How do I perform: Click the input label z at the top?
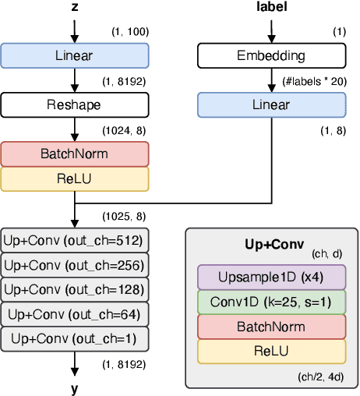click(x=75, y=8)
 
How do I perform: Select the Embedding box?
click(x=272, y=55)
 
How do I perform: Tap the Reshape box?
click(x=75, y=104)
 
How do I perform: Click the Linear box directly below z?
click(x=75, y=55)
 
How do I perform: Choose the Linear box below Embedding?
click(x=272, y=104)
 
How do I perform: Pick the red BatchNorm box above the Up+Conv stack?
click(x=75, y=154)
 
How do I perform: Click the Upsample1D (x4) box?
click(x=271, y=278)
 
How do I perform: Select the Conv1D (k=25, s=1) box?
click(x=271, y=302)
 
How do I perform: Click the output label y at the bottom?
click(x=75, y=387)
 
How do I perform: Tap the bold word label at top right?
click(x=272, y=8)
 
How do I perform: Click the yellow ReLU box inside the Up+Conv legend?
click(x=271, y=352)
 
